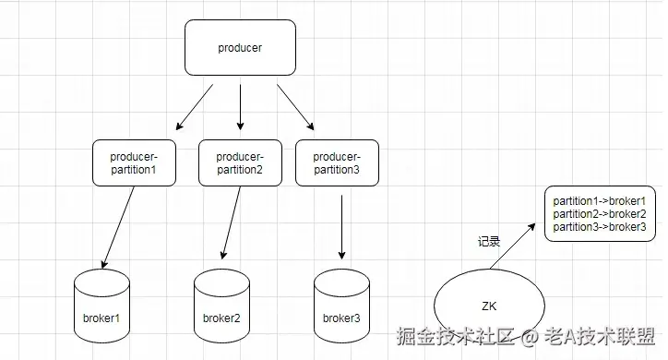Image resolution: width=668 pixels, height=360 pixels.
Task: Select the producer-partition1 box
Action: [135, 162]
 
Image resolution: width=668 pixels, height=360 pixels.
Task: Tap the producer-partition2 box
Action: [240, 162]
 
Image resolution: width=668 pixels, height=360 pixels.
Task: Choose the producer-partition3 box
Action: [337, 162]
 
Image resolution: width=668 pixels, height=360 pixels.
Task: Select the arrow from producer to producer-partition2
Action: [240, 106]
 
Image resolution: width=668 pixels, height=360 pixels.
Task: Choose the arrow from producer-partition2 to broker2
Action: [231, 222]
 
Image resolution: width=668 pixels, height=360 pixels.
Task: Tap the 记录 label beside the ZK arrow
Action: [489, 242]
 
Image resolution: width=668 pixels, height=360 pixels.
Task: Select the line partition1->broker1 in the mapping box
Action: [599, 200]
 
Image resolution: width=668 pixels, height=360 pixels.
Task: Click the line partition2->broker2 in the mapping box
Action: [599, 213]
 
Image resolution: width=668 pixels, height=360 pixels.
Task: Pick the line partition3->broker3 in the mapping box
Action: [599, 226]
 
